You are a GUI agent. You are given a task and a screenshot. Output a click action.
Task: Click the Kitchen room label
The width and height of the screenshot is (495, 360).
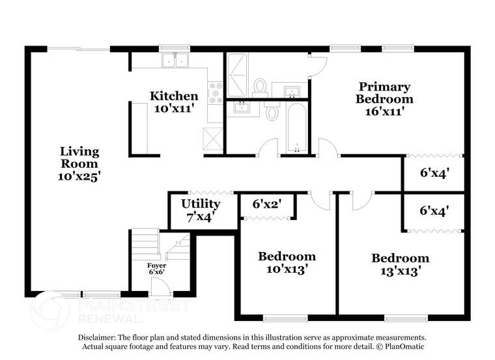[174, 96]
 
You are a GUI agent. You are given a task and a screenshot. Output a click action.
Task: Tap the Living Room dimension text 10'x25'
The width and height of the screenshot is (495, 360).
[79, 176]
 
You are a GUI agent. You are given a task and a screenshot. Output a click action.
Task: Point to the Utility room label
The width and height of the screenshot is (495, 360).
[201, 204]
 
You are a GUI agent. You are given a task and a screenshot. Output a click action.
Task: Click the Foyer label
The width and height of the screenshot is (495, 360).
[156, 266]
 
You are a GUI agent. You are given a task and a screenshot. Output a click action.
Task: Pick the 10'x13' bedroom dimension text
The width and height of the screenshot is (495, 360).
[287, 268]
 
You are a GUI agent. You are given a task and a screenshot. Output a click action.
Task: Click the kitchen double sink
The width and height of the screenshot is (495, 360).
[174, 61]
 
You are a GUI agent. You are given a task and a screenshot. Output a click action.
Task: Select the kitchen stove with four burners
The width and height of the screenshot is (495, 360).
[215, 93]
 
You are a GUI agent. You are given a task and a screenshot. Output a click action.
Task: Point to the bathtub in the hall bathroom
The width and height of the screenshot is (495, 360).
[297, 128]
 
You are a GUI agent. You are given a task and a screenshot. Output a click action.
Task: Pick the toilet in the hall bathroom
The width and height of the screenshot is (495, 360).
[272, 113]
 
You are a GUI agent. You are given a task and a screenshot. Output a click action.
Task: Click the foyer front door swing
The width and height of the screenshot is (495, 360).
[158, 286]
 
